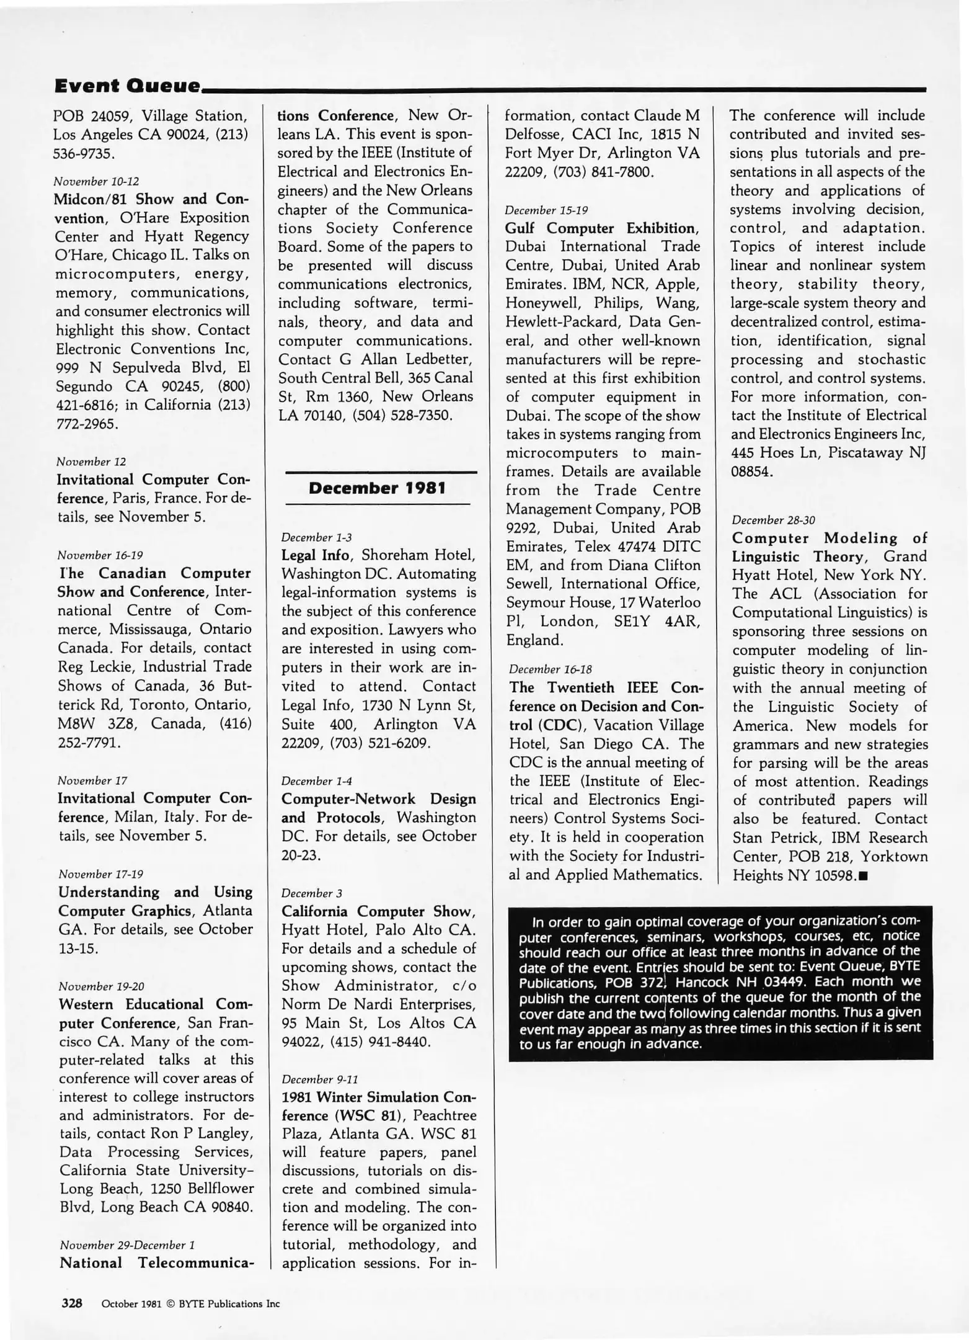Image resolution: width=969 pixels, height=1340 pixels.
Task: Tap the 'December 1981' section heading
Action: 377,488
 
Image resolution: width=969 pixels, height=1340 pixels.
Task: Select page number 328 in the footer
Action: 72,1303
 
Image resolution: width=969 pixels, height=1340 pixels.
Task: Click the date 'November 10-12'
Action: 96,182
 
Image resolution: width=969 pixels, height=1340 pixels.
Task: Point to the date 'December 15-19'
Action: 546,210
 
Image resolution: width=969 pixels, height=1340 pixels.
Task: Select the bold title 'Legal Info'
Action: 315,555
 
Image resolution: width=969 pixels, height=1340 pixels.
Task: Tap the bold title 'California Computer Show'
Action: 378,911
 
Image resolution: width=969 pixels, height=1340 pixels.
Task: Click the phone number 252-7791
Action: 89,743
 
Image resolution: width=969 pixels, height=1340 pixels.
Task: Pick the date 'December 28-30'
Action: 773,520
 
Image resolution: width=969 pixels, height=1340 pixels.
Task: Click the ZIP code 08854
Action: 751,471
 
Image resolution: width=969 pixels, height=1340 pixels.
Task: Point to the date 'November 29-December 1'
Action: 127,1245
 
